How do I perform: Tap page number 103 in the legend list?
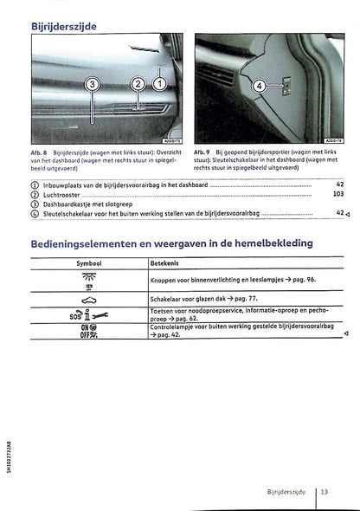[338, 194]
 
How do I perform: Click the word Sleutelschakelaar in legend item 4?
[70, 213]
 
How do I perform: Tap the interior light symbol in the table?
[88, 279]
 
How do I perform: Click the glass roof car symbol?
[88, 297]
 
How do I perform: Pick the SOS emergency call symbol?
[88, 314]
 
